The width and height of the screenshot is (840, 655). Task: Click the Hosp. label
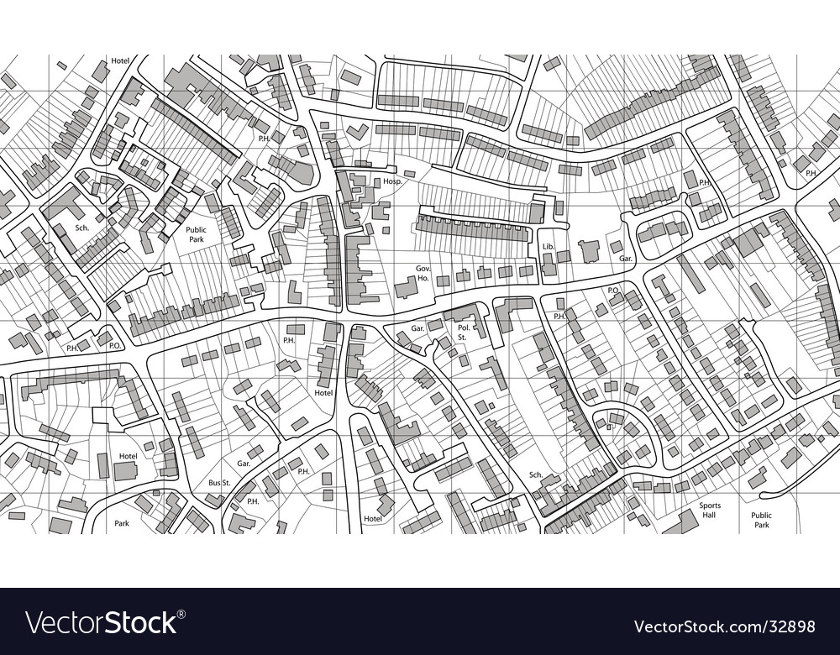(393, 181)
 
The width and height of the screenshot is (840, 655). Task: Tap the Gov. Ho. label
(423, 273)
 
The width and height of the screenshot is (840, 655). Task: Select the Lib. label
(549, 246)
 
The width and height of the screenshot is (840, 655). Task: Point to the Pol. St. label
(463, 332)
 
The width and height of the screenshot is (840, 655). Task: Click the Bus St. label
(219, 483)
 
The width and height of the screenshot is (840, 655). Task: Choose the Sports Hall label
(710, 511)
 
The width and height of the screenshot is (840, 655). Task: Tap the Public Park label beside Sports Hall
(761, 521)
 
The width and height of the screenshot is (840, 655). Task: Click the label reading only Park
(122, 523)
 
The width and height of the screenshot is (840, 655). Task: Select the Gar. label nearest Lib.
(625, 259)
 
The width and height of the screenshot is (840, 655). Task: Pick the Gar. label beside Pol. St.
(417, 327)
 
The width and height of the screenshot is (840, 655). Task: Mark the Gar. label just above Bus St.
(244, 464)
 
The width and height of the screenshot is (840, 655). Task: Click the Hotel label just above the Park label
(128, 456)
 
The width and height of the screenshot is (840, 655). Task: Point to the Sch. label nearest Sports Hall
(535, 474)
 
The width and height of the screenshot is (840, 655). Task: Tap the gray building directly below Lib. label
(549, 265)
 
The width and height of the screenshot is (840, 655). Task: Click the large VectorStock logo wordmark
(101, 624)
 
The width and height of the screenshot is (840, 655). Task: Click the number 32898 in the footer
(791, 626)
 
